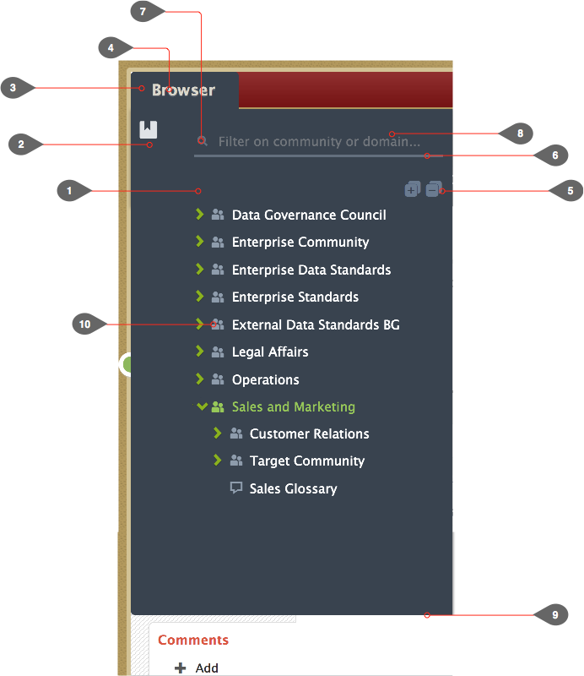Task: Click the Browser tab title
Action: click(x=183, y=90)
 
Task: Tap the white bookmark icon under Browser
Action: click(x=149, y=129)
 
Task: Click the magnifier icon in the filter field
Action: click(x=203, y=141)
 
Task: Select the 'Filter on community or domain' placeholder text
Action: click(x=319, y=141)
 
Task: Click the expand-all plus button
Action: click(x=412, y=188)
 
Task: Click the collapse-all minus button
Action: click(x=434, y=188)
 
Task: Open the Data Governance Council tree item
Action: click(x=309, y=215)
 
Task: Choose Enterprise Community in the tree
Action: click(x=300, y=243)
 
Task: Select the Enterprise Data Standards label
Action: click(x=311, y=270)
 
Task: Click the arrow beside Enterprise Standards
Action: click(x=199, y=297)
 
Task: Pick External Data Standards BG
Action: click(x=316, y=324)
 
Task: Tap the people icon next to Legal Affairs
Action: click(x=218, y=352)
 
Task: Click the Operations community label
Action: click(x=265, y=379)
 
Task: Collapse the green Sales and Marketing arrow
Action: click(x=202, y=406)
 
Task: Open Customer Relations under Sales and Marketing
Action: click(x=309, y=433)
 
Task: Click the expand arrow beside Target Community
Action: click(x=218, y=460)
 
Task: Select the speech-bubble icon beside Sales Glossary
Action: click(x=236, y=488)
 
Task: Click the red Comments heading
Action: click(x=193, y=640)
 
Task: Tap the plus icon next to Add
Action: click(x=181, y=668)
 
